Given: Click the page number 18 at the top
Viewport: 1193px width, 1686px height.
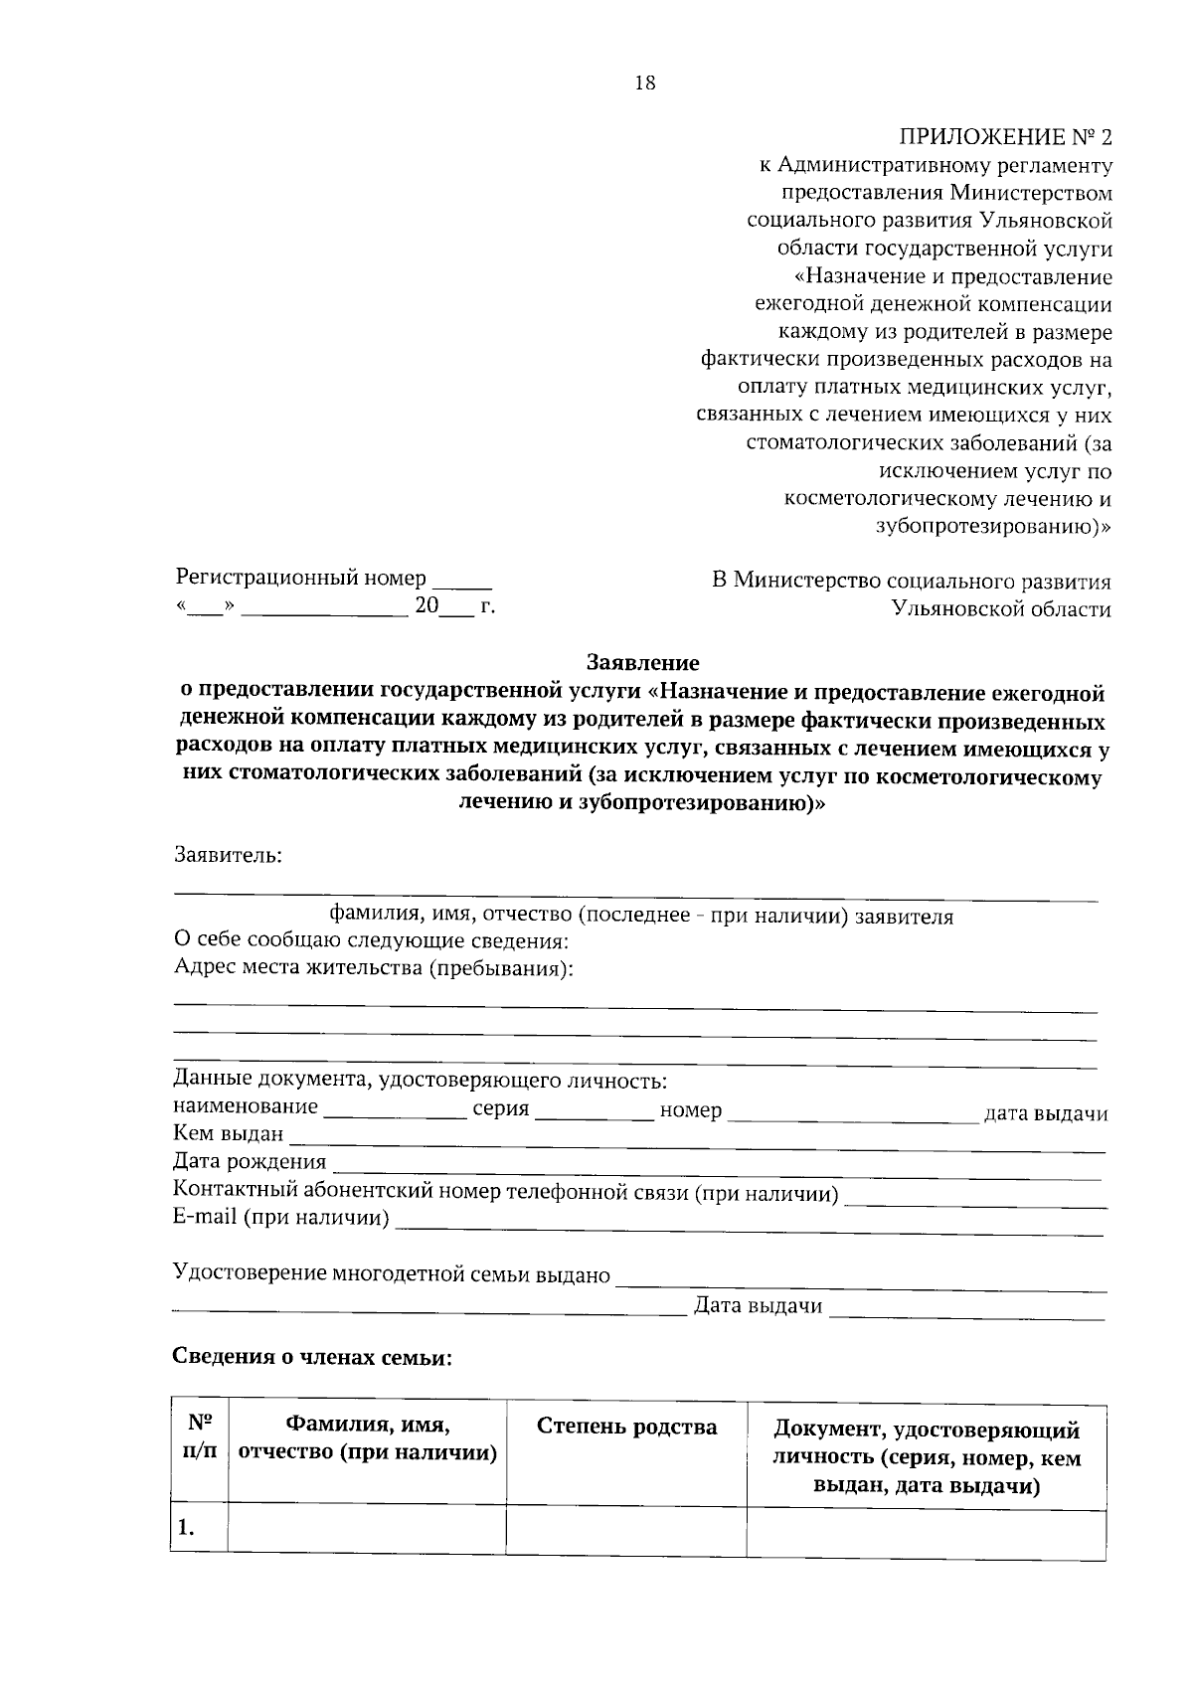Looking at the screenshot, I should [x=644, y=84].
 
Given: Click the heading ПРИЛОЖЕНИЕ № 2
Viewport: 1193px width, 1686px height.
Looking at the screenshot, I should [x=1005, y=137].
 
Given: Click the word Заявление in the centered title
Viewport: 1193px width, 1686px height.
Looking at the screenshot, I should [x=643, y=662].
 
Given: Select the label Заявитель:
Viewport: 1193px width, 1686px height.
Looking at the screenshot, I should [x=229, y=854].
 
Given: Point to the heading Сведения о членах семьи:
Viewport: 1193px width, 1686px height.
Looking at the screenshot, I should [x=312, y=1358].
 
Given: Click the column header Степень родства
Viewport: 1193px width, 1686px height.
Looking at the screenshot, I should [x=626, y=1428].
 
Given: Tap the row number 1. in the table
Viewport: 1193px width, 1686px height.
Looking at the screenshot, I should [x=186, y=1529].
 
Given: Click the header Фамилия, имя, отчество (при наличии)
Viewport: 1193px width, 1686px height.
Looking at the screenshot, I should [x=368, y=1438].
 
